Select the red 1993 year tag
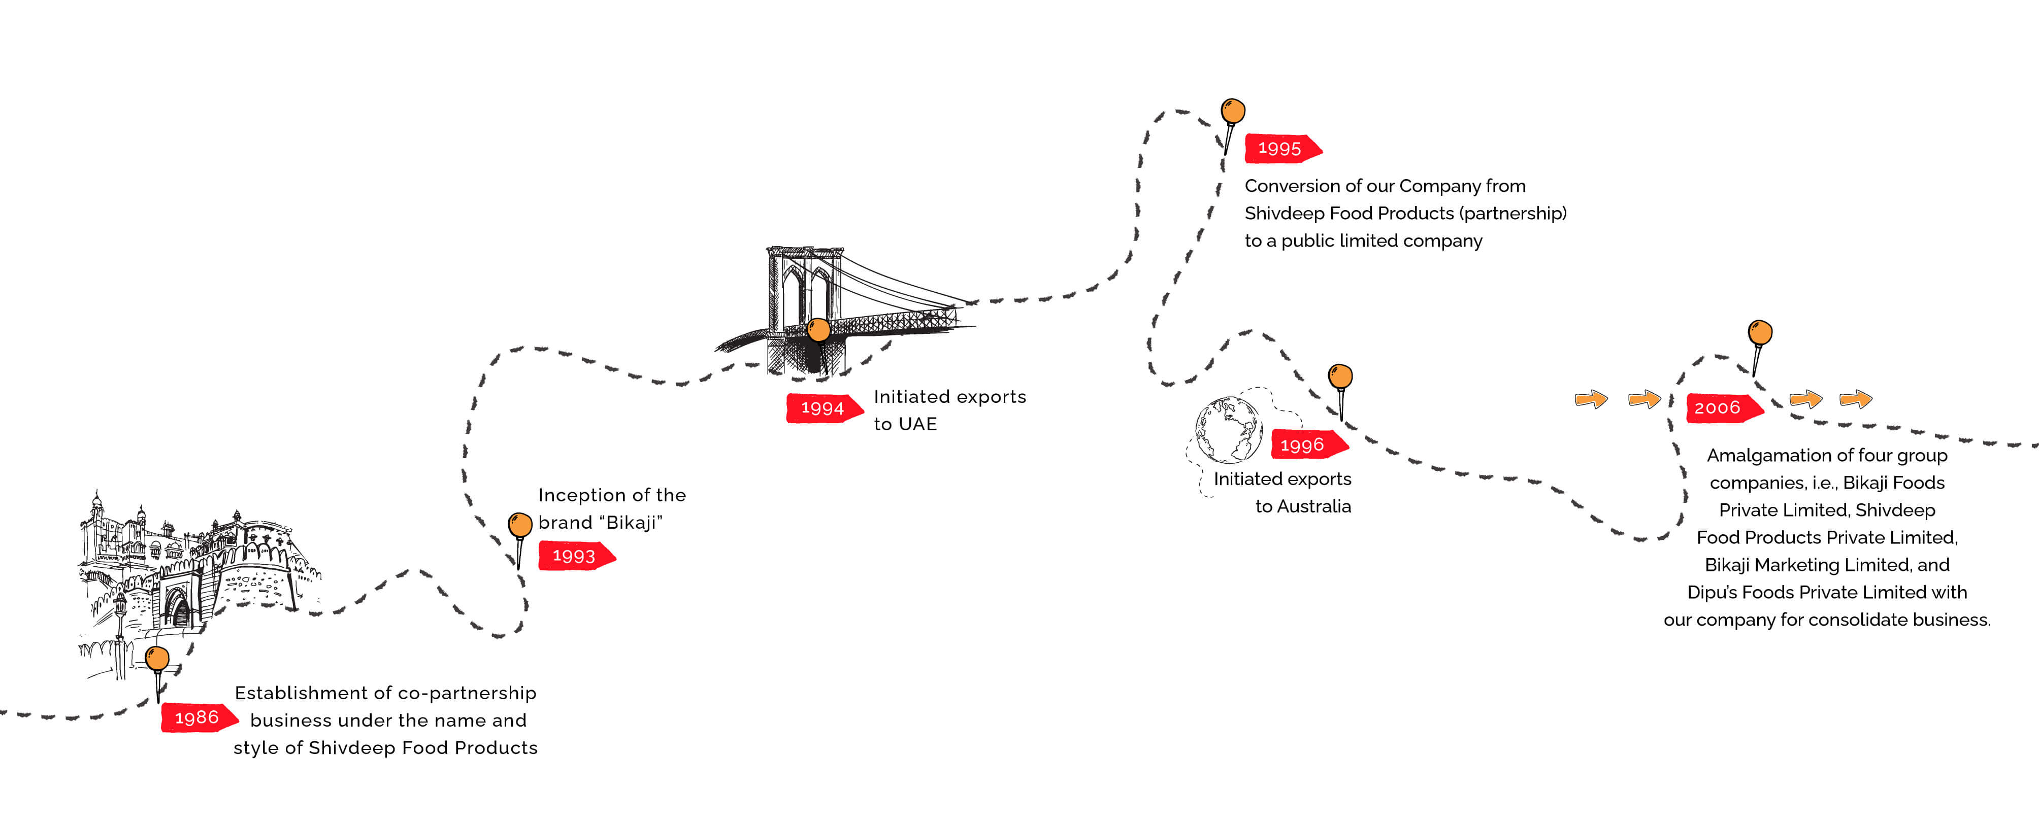tap(575, 556)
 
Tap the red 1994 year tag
tap(823, 407)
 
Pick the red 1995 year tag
tap(1280, 148)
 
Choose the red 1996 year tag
tap(1304, 445)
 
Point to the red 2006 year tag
tap(1719, 407)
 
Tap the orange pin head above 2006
tap(1760, 332)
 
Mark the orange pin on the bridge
tap(818, 329)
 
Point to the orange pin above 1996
tap(1340, 376)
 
